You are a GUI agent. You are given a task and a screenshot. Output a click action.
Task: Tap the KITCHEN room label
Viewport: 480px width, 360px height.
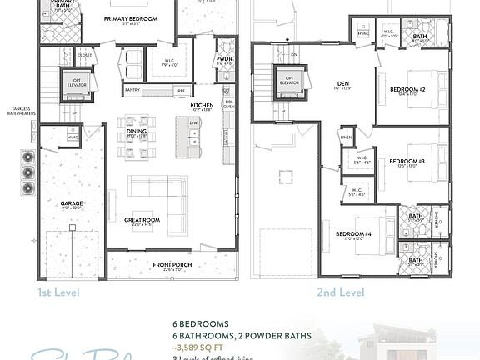pos(202,106)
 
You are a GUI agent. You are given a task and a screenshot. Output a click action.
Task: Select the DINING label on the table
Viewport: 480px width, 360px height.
pos(137,131)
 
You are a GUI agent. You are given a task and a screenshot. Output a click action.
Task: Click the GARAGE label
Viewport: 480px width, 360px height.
pos(71,202)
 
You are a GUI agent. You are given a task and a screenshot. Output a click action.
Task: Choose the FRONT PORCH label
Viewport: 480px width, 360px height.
pos(168,265)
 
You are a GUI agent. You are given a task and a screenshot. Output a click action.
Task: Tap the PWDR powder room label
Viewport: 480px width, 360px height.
pos(223,60)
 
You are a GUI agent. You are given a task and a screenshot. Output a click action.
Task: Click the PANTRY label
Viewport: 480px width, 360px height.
pos(132,90)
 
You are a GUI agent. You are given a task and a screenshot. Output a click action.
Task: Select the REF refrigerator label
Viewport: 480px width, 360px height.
pos(180,90)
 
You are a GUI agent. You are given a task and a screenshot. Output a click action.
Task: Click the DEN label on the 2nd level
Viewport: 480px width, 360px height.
pos(343,83)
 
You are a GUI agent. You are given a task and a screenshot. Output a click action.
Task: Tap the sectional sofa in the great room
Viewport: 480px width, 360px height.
pos(157,193)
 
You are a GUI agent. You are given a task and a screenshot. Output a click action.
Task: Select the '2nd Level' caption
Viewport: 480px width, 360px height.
pos(340,292)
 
